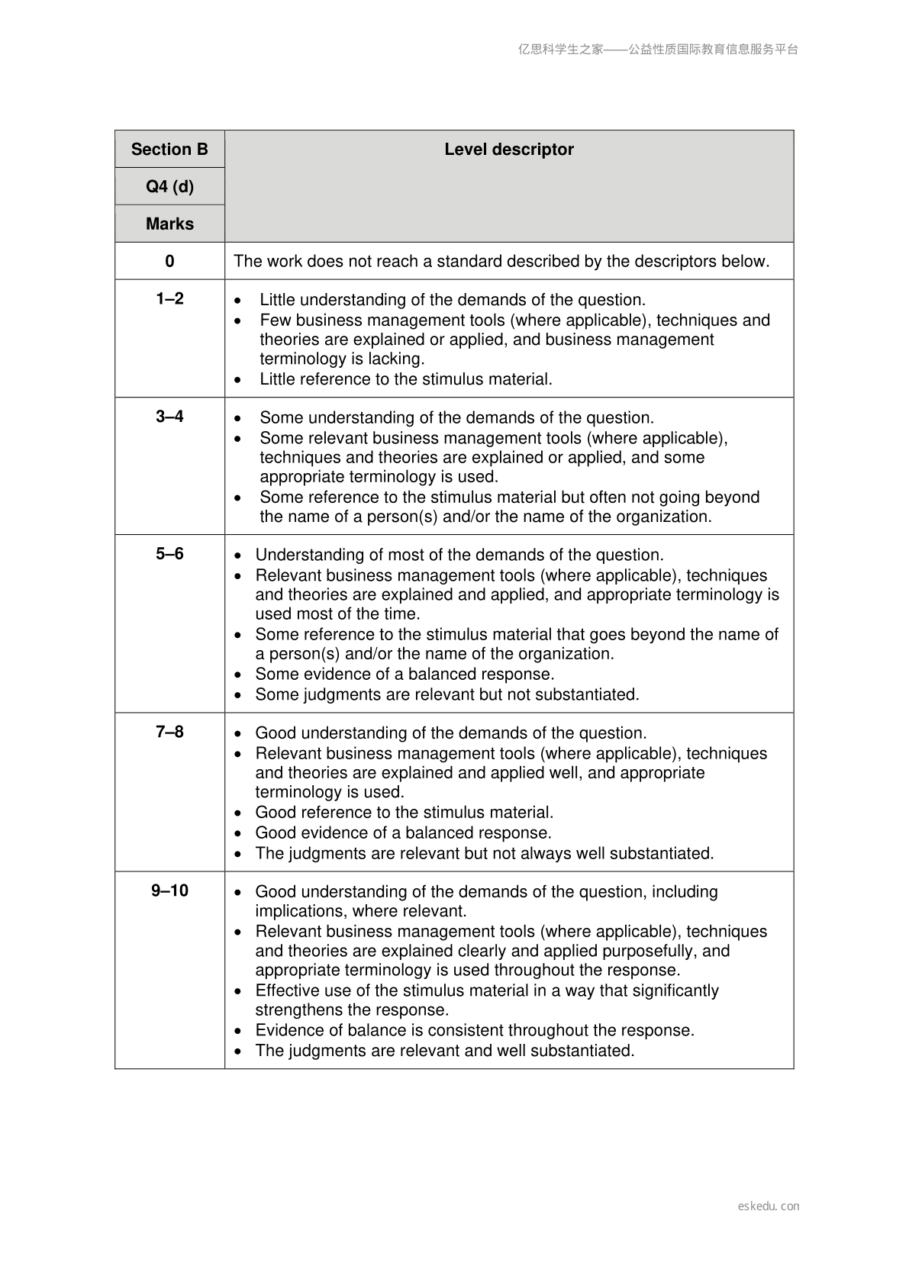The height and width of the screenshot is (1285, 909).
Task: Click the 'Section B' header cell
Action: [x=169, y=150]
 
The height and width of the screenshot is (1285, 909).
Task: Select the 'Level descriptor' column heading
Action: [x=509, y=150]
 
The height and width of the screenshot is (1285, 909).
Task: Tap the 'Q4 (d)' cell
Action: [x=169, y=187]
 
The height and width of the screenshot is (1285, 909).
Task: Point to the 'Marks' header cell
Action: [x=169, y=224]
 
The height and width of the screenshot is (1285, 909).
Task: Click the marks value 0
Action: [x=169, y=262]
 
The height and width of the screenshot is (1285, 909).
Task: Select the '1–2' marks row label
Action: [x=169, y=299]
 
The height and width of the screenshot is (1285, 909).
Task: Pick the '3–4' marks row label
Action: [x=169, y=417]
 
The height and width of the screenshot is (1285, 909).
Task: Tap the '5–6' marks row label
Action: [x=169, y=554]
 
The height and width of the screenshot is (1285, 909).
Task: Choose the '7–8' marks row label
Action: [x=169, y=733]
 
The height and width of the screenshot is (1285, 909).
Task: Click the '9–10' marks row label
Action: [x=169, y=891]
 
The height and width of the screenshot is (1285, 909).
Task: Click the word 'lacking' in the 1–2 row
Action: [x=395, y=359]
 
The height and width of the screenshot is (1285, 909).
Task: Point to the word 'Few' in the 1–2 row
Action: [x=275, y=320]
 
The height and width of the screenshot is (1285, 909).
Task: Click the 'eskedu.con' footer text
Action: [x=769, y=1206]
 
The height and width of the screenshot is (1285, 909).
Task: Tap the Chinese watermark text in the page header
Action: [x=658, y=50]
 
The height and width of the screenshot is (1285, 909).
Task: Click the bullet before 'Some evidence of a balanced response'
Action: [x=239, y=675]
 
